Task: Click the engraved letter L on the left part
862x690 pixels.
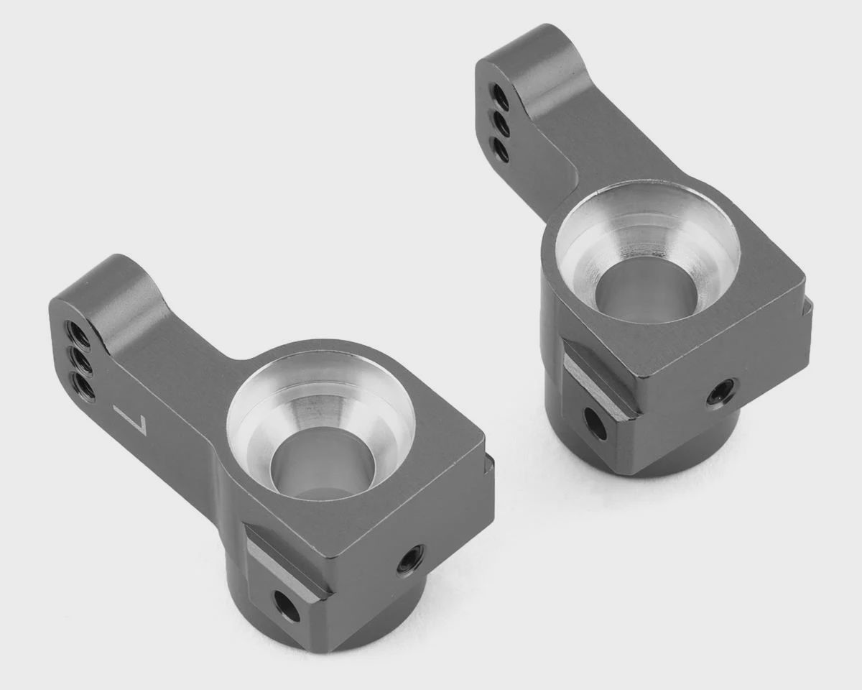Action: point(131,420)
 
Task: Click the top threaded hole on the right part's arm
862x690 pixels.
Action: point(500,97)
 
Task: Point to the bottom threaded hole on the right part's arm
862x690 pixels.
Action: point(502,149)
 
